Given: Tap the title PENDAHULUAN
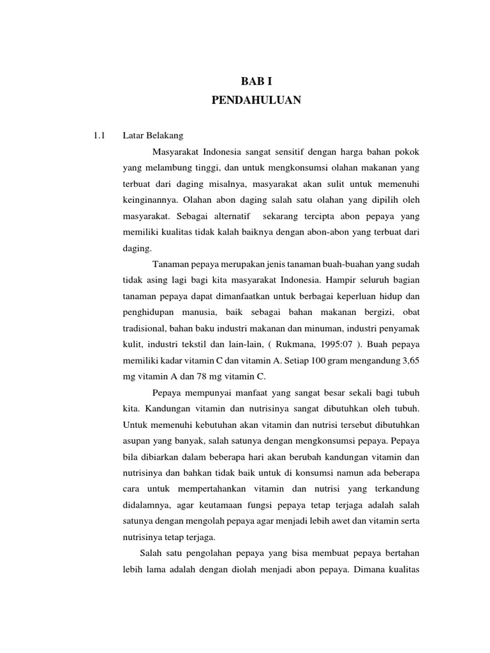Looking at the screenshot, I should pyautogui.click(x=251, y=101).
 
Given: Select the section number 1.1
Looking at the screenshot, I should pyautogui.click(x=99, y=136).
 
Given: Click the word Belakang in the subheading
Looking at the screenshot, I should pyautogui.click(x=165, y=136).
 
